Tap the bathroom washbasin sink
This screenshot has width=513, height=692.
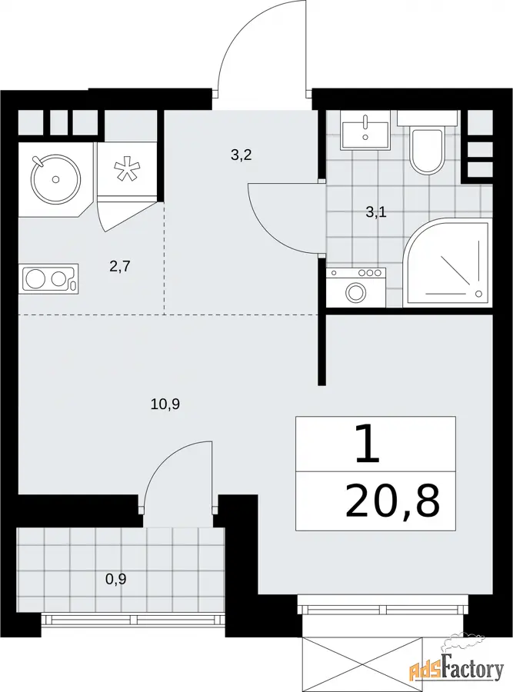pos(365,130)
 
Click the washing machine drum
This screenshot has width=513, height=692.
pos(355,291)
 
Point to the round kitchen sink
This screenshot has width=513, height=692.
pos(55,178)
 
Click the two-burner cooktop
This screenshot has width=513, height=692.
pos(48,278)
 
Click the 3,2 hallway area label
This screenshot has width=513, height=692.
pos(242,155)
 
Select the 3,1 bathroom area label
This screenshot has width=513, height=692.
pos(376,213)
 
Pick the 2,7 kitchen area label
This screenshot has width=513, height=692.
pos(120,267)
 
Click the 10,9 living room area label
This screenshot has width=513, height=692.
pos(165,404)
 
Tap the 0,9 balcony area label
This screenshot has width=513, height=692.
pos(115,578)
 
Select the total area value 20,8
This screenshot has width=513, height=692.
pos(393,501)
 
